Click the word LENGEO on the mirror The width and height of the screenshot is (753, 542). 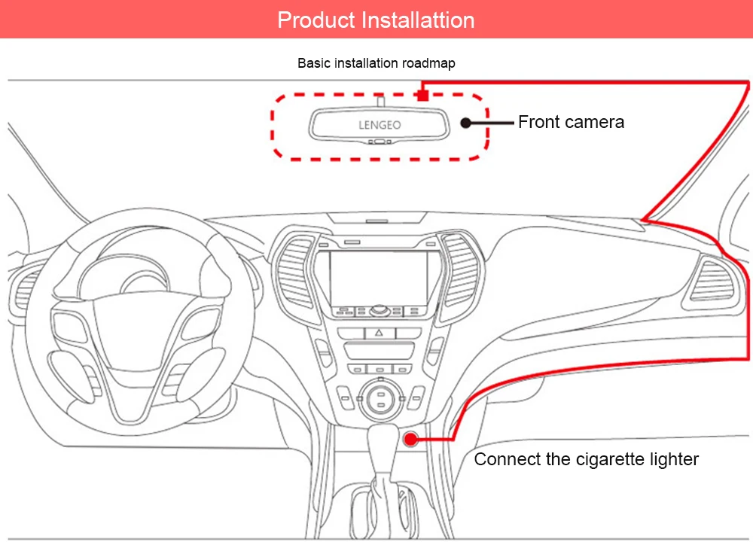[380, 125]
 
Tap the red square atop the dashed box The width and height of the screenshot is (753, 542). [423, 96]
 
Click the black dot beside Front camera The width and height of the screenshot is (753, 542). [466, 122]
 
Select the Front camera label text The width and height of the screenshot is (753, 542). [571, 122]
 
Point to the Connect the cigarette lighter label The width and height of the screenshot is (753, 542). [586, 459]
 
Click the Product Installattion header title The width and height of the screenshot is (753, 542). [376, 20]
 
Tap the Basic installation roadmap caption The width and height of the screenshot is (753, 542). [376, 63]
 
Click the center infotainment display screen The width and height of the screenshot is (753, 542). [379, 276]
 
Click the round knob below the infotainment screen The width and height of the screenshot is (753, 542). [379, 309]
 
